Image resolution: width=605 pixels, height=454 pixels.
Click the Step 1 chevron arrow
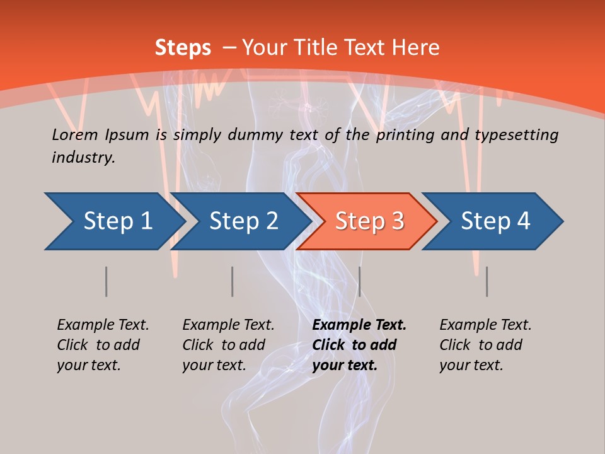tap(117, 221)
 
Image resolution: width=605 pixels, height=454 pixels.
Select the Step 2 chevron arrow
tap(243, 221)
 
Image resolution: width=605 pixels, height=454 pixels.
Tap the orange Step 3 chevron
tap(369, 221)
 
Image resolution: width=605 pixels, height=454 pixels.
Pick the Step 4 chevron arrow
tap(495, 221)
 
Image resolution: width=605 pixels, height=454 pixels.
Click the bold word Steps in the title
tap(183, 47)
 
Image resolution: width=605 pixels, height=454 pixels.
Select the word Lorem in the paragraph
tap(75, 134)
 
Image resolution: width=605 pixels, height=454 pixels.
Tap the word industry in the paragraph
tap(83, 157)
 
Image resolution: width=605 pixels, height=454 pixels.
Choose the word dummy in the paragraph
tap(256, 134)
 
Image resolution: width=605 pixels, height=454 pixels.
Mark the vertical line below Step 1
tap(107, 281)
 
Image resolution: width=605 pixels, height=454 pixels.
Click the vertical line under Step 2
tap(233, 281)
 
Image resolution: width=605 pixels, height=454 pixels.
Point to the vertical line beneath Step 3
tap(359, 281)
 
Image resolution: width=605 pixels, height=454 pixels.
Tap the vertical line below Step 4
tap(487, 281)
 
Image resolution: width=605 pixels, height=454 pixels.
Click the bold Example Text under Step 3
tap(359, 325)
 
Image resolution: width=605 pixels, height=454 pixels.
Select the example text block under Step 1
tap(103, 345)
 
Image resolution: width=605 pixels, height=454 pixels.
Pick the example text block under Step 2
tap(228, 345)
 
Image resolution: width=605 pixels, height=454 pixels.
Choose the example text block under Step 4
tap(485, 345)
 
